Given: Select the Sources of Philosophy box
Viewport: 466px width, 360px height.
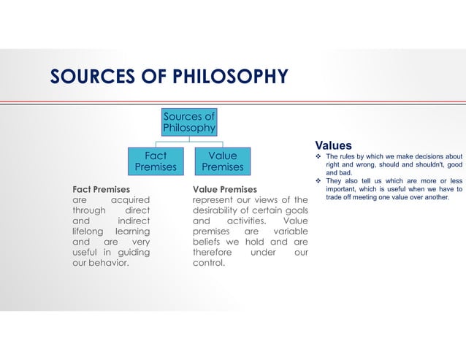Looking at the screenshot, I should tap(189, 122).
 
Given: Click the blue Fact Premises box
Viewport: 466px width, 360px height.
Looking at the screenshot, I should tap(156, 161).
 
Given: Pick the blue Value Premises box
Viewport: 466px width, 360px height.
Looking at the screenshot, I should tap(222, 161).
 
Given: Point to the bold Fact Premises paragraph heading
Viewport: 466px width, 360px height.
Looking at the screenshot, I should tap(101, 189).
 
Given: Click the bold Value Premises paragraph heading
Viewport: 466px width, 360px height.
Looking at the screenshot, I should tap(225, 189).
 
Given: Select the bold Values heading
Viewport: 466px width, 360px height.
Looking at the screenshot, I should tap(333, 145).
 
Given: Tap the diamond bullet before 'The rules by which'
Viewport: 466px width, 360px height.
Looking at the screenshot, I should tap(318, 157).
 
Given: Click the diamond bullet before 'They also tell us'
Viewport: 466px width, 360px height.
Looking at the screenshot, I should tap(318, 182).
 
